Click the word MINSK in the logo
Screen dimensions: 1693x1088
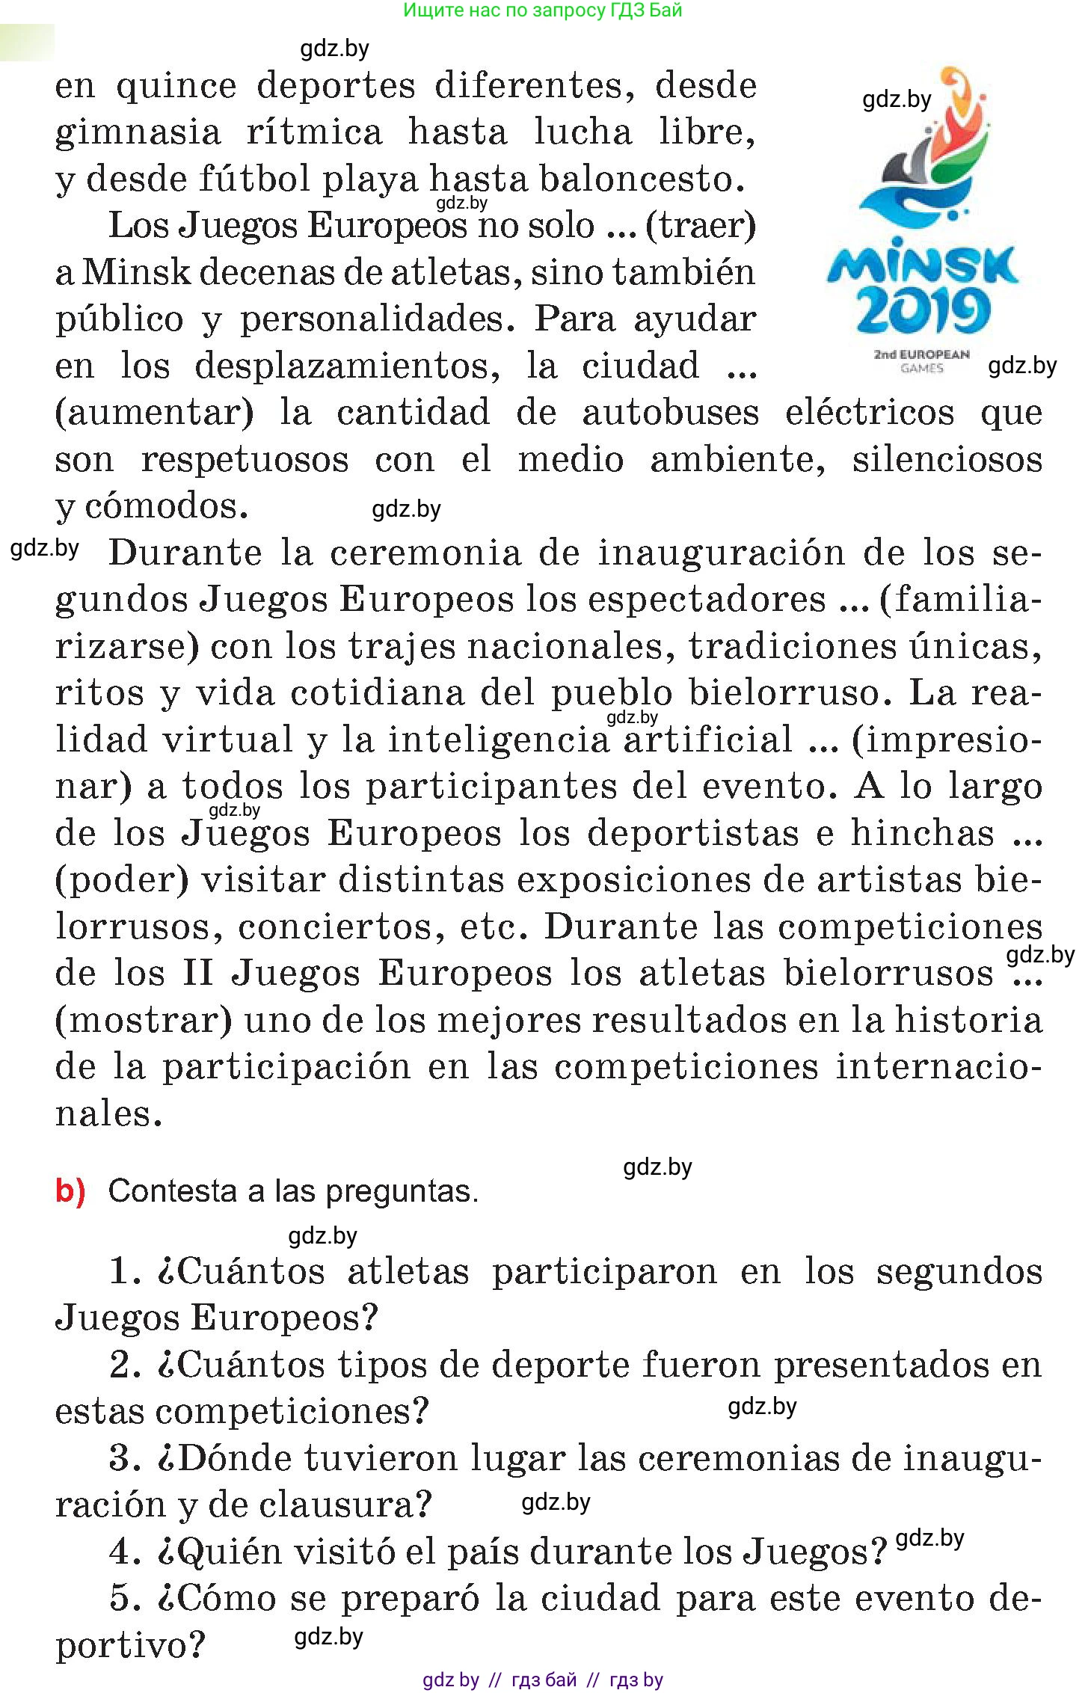(921, 265)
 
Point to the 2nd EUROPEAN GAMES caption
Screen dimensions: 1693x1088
(921, 361)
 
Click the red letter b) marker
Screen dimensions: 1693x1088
(70, 1191)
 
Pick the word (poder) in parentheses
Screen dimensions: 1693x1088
(122, 880)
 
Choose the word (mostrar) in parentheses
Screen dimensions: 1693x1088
(144, 1021)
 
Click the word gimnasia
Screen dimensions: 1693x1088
(138, 133)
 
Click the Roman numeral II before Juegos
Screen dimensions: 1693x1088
(197, 974)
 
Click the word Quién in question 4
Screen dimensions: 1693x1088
(229, 1552)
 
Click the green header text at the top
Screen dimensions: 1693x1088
(542, 10)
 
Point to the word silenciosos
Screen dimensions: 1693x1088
(947, 460)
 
